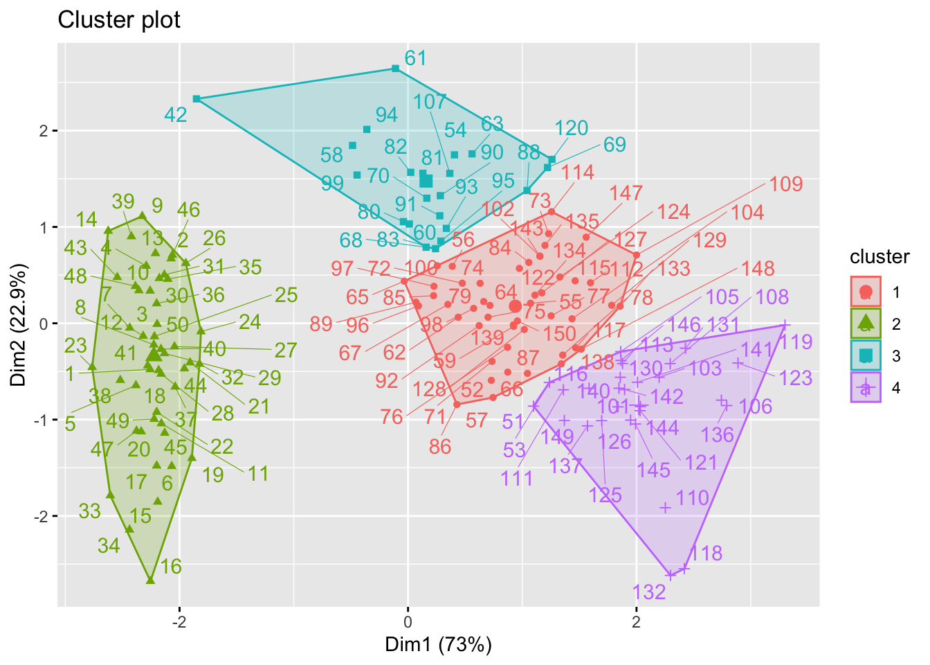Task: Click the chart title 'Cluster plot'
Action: click(119, 20)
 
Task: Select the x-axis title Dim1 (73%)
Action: click(439, 645)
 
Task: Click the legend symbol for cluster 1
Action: click(865, 292)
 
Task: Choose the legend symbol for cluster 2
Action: click(865, 323)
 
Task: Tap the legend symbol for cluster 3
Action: click(865, 355)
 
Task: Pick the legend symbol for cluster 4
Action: click(865, 387)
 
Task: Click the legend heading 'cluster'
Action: click(879, 257)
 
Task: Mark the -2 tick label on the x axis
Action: click(179, 620)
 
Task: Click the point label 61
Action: click(415, 58)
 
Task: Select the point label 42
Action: click(176, 114)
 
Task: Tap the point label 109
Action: click(786, 184)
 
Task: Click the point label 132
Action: click(649, 592)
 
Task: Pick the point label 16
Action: click(171, 567)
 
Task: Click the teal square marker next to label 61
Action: click(395, 69)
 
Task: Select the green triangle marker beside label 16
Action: click(150, 579)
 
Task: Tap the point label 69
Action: click(614, 145)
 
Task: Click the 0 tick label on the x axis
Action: click(408, 620)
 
